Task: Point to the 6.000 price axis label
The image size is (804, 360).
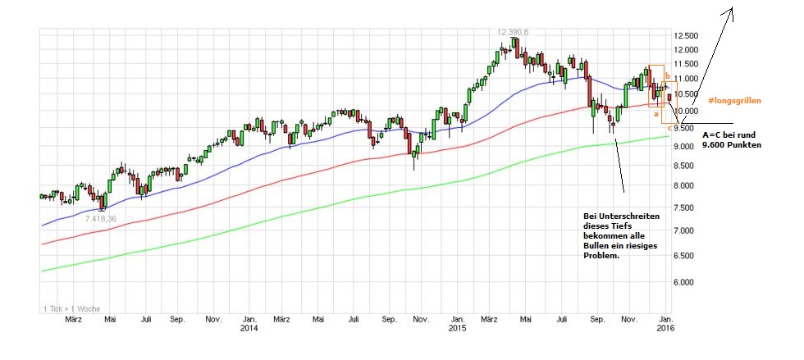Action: click(x=686, y=282)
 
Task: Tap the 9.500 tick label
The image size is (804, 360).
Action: click(x=686, y=128)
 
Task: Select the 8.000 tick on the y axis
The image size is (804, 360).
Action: click(x=686, y=186)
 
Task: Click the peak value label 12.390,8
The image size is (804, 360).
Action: click(x=513, y=31)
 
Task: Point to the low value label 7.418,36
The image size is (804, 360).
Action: click(x=101, y=219)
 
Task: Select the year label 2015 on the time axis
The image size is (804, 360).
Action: click(x=458, y=329)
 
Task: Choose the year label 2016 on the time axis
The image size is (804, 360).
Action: click(x=666, y=329)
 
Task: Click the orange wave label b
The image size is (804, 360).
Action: click(x=667, y=75)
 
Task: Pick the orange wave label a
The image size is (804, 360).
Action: click(x=656, y=115)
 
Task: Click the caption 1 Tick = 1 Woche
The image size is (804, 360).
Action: click(x=71, y=308)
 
